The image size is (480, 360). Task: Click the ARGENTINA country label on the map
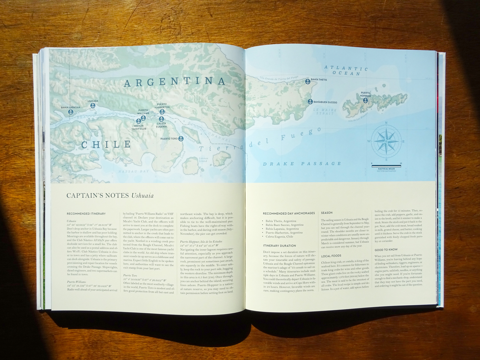(175, 82)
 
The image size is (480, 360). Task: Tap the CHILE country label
(106, 145)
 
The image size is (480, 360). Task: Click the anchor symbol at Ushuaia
(93, 105)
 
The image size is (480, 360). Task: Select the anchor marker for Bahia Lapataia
(70, 112)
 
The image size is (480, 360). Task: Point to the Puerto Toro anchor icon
(181, 139)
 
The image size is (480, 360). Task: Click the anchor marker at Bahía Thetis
(308, 81)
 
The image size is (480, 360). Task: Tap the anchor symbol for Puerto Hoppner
(365, 100)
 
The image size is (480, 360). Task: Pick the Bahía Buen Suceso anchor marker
(310, 102)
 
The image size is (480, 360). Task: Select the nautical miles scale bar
(386, 166)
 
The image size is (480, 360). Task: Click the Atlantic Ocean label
(346, 70)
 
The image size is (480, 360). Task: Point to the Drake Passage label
(302, 164)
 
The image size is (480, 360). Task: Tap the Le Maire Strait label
(325, 111)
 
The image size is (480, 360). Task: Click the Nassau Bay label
(134, 172)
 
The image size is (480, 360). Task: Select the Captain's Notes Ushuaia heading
(110, 196)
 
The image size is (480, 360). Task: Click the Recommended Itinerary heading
(86, 213)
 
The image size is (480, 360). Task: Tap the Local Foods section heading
(331, 256)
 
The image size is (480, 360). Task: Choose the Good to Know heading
(386, 250)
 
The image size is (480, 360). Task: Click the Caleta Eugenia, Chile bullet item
(279, 236)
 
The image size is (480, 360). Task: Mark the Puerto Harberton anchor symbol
(162, 112)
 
